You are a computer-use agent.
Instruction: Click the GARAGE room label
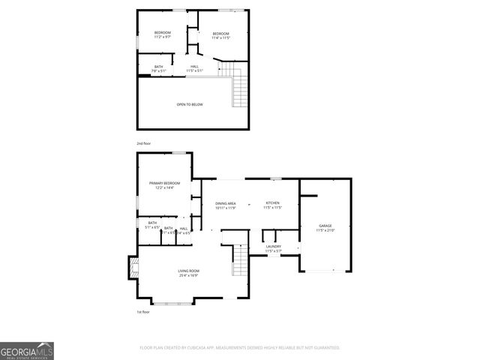pos(325,226)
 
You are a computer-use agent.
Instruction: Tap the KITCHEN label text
pos(272,203)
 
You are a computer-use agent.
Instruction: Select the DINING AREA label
pos(226,204)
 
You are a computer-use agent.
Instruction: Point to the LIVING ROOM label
pos(188,271)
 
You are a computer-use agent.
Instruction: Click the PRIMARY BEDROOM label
pos(164,183)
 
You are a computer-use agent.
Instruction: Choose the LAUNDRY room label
pos(273,247)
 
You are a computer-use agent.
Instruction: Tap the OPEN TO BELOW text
pos(190,104)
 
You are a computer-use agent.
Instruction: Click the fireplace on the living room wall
pos(134,268)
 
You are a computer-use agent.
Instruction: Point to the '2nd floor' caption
pos(144,142)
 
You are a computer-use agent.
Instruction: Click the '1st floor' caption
pos(144,311)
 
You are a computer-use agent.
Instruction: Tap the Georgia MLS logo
pos(27,351)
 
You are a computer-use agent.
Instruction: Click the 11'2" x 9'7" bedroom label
pos(163,34)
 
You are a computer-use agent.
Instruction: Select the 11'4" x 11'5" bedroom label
pos(220,34)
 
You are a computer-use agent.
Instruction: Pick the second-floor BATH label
pos(158,67)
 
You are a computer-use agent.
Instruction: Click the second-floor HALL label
pos(194,67)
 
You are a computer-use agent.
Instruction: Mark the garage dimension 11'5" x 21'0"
pos(325,231)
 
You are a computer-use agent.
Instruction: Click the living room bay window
pos(177,302)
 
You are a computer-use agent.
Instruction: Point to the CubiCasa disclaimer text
pos(240,348)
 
